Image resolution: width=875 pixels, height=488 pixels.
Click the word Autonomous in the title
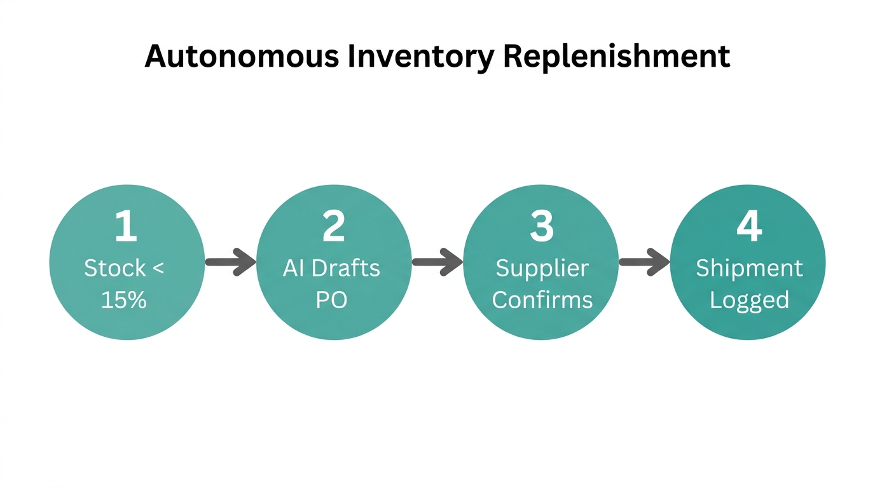click(242, 57)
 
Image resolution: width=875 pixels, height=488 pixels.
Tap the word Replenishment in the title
click(616, 57)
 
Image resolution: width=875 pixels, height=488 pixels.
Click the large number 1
click(126, 227)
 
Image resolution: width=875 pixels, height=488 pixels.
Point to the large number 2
click(333, 227)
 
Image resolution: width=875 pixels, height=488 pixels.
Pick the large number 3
click(541, 227)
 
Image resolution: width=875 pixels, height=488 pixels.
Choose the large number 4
click(748, 227)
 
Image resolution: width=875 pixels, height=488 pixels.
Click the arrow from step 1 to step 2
click(230, 262)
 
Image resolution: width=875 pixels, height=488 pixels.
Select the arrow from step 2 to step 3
click(437, 262)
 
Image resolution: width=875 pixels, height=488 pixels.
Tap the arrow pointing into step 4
click(644, 262)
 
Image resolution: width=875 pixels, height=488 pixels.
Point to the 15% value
click(124, 299)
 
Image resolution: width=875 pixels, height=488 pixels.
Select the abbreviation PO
click(331, 299)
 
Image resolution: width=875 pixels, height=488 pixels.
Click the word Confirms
click(542, 299)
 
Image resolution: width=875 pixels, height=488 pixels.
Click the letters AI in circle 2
click(293, 268)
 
